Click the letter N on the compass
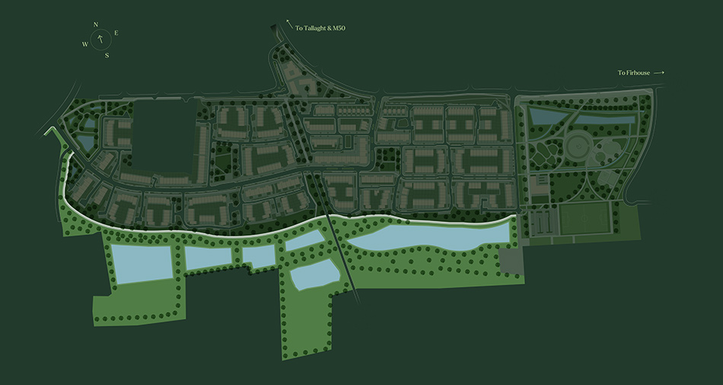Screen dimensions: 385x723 (x=96, y=24)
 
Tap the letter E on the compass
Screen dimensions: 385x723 (x=116, y=33)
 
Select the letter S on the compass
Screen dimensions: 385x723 (x=107, y=55)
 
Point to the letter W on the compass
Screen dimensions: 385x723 (x=84, y=44)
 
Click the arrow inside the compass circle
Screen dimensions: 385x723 (x=99, y=40)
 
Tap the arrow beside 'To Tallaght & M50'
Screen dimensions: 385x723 (x=289, y=23)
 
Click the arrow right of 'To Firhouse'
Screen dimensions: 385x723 (x=658, y=72)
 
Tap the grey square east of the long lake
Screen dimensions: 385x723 (x=512, y=260)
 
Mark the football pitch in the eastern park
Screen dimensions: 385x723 (x=585, y=220)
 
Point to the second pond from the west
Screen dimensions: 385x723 (x=212, y=257)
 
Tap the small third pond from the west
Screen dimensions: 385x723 (x=259, y=256)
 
